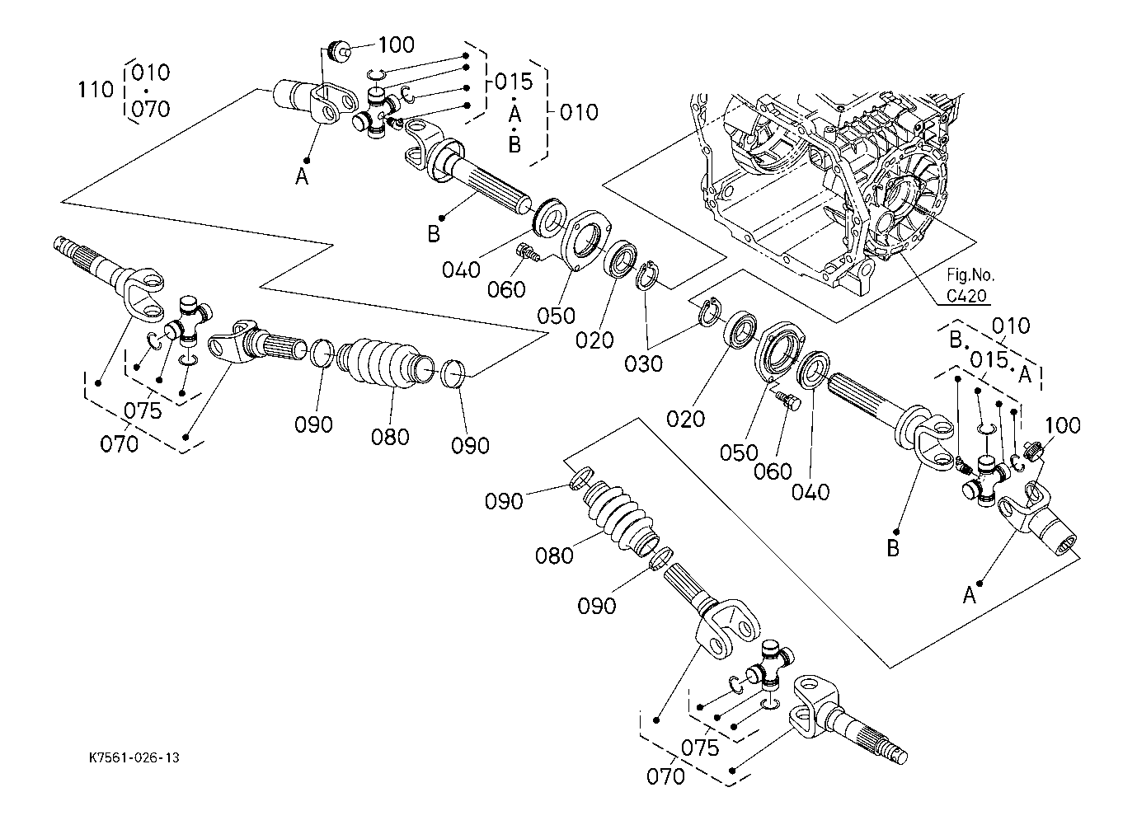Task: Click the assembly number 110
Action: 96,89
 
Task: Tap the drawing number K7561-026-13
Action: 134,757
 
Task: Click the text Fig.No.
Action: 970,275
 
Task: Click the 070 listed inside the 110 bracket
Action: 150,108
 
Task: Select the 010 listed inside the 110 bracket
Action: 150,73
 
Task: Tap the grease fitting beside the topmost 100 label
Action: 338,49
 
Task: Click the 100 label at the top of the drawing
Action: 396,45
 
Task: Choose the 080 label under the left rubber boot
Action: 390,436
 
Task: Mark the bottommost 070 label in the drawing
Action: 665,776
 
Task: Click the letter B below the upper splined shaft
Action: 434,235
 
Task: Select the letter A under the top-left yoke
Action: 302,176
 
